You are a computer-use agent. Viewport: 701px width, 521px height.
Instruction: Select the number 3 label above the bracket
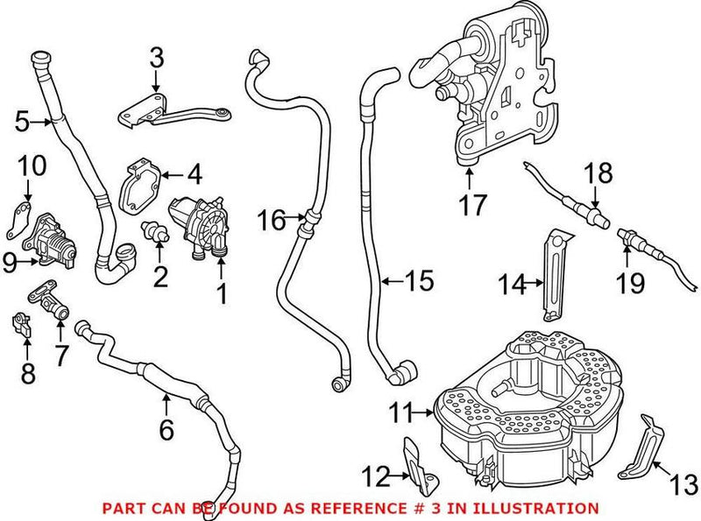[156, 59]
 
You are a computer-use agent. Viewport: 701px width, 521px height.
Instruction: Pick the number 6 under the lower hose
[166, 429]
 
